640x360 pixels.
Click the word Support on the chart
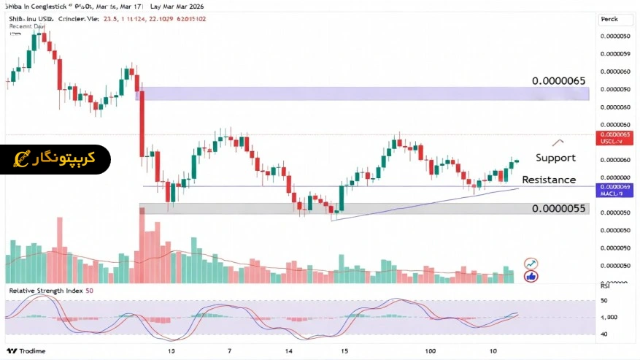tap(555, 158)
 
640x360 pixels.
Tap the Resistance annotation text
tap(549, 180)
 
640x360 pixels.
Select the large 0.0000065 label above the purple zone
tap(559, 80)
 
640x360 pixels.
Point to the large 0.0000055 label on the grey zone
tap(559, 208)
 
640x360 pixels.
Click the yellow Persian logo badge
tap(55, 159)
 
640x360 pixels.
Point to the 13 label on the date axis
tap(171, 351)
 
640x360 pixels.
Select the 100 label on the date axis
tap(432, 351)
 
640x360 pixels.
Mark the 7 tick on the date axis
tap(229, 351)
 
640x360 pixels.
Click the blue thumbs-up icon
tap(531, 276)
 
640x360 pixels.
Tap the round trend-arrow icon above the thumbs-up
tap(531, 264)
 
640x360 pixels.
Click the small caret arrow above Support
tap(558, 141)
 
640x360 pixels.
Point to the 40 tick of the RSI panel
tap(604, 334)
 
